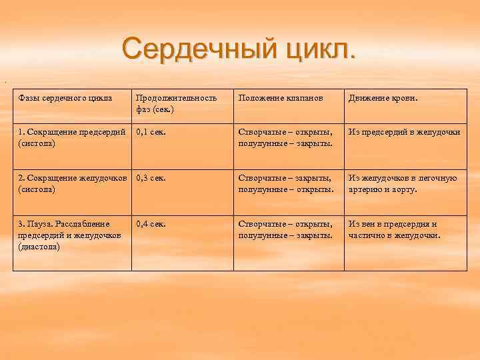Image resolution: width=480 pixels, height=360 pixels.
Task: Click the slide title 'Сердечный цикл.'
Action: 239,48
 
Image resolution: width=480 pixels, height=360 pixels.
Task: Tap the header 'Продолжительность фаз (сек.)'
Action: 177,103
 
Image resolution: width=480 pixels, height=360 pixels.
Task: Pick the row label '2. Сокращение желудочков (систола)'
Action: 72,183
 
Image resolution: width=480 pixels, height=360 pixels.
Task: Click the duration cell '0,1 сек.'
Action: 151,133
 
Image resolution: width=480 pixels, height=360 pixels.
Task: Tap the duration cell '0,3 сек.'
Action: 151,178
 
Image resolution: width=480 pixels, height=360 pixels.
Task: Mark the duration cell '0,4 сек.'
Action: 151,224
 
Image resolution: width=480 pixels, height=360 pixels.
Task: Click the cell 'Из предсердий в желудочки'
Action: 404,133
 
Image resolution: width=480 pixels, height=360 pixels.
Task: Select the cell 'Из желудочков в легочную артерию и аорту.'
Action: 403,183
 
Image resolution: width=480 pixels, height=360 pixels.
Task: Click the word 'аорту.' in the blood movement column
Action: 402,189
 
